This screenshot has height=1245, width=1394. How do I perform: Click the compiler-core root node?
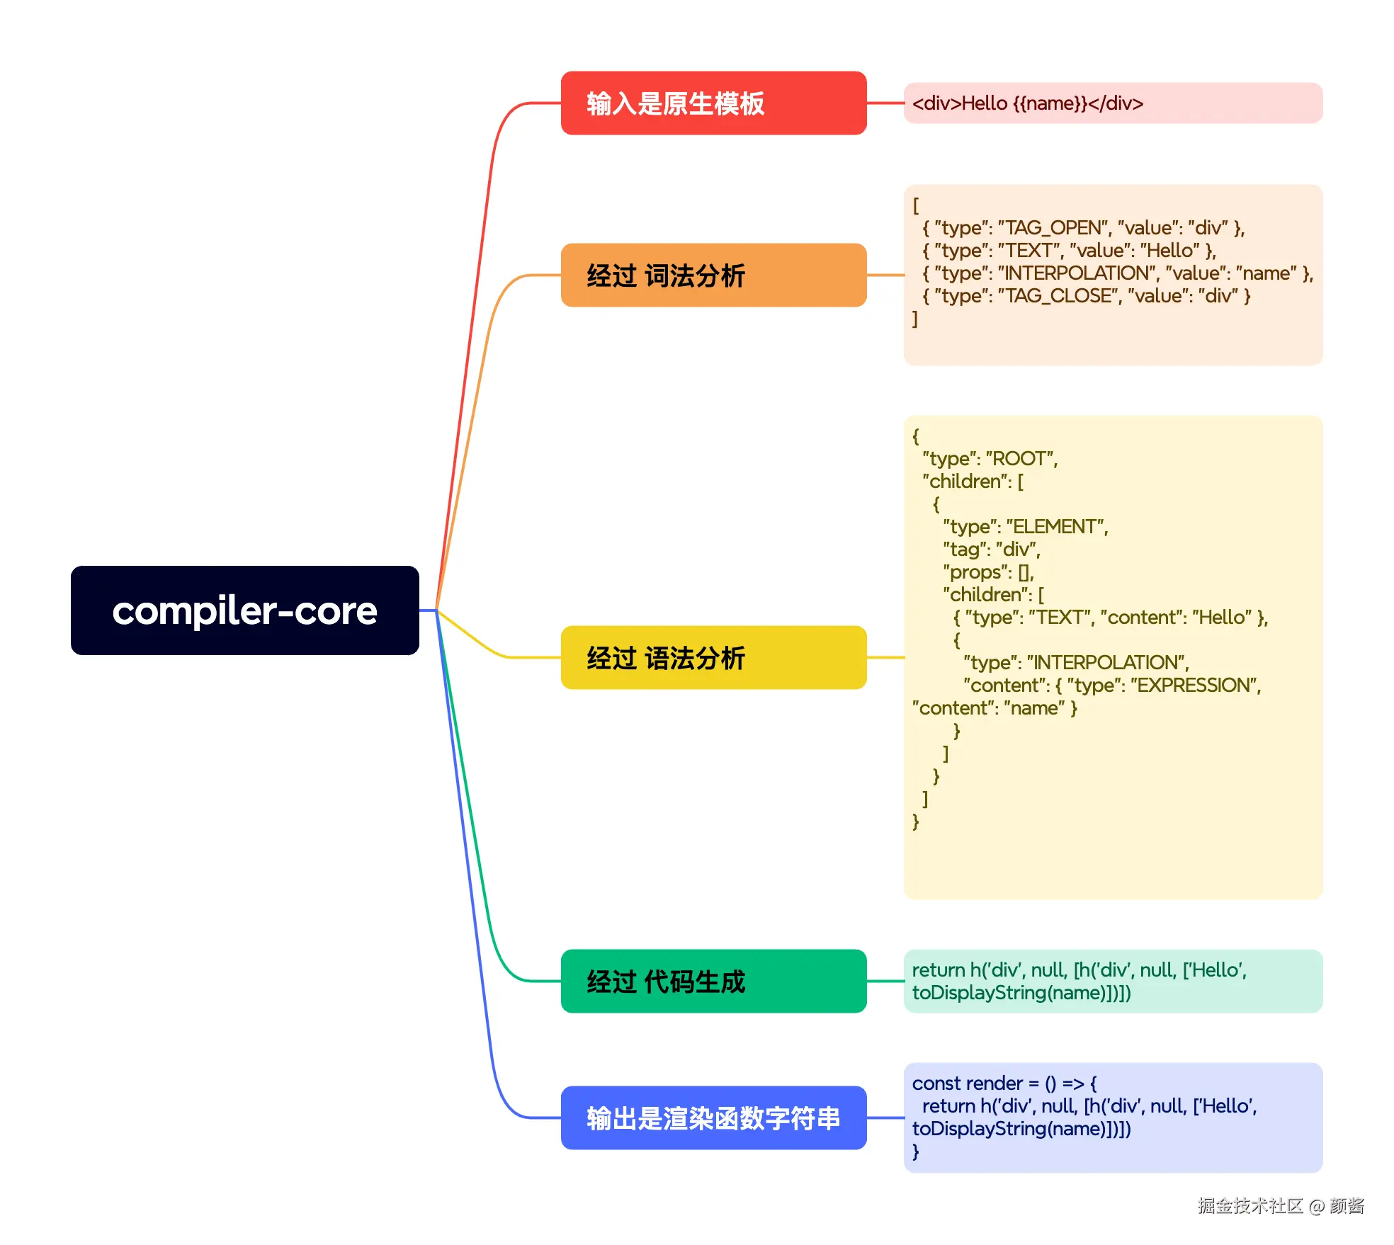[244, 610]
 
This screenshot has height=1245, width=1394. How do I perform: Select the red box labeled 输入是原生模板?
[713, 103]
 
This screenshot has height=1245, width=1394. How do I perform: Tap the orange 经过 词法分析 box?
[713, 275]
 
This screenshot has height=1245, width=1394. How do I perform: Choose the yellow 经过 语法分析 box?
[713, 658]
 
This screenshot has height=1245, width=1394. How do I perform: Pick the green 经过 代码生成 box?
[713, 982]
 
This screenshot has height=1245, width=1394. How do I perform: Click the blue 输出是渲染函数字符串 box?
[713, 1118]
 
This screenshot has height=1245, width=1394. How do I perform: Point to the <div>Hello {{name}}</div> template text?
[1027, 103]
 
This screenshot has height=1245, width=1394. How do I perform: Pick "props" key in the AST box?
[977, 572]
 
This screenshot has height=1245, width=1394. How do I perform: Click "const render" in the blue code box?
[967, 1084]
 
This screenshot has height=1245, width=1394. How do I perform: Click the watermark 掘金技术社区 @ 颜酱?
[1281, 1206]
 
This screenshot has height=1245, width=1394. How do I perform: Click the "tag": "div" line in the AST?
[992, 550]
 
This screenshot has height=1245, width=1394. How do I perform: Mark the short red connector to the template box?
[885, 103]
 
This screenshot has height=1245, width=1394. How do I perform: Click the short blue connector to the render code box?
[885, 1118]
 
